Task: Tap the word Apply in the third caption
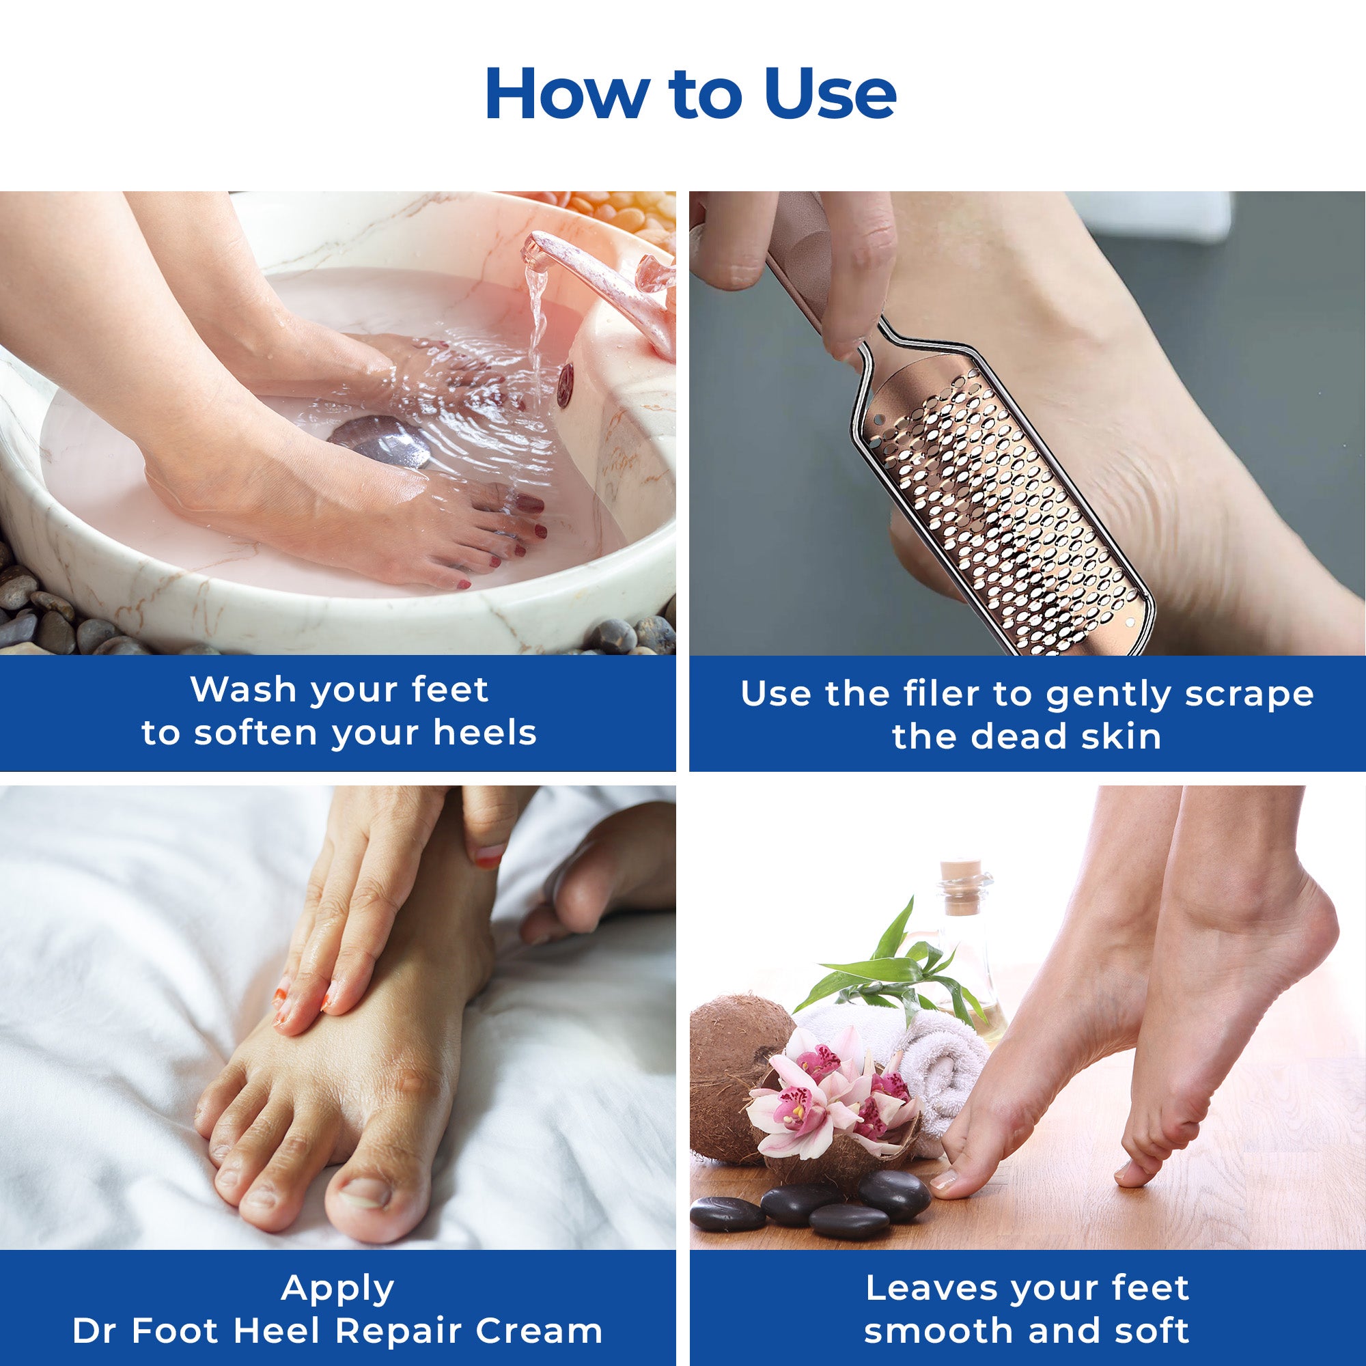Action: tap(337, 1268)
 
